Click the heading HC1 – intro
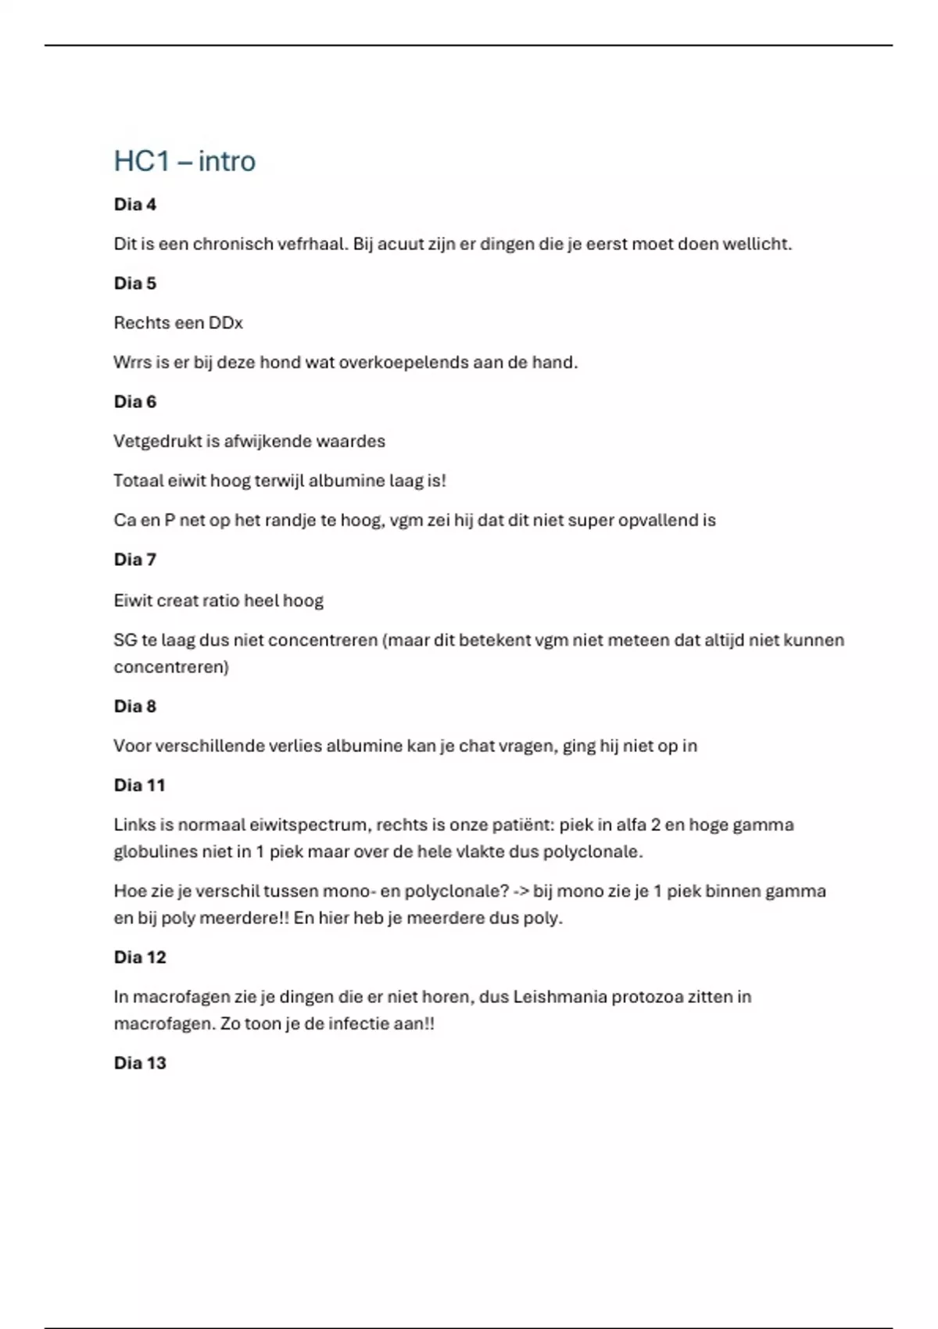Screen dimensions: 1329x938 coord(184,161)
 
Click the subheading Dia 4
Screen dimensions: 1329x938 coord(134,205)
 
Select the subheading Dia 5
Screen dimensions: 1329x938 coord(134,284)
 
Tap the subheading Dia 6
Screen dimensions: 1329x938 coord(134,402)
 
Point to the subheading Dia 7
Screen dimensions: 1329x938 coord(134,560)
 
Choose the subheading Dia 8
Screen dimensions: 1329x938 coord(134,707)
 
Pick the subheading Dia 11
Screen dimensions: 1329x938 coord(139,786)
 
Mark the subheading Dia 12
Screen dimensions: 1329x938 coord(140,958)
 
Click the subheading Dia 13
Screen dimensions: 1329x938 coord(140,1063)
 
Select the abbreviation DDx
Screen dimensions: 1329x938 coord(226,323)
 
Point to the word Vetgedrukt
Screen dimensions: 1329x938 coord(157,442)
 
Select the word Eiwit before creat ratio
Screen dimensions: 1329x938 coord(132,601)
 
